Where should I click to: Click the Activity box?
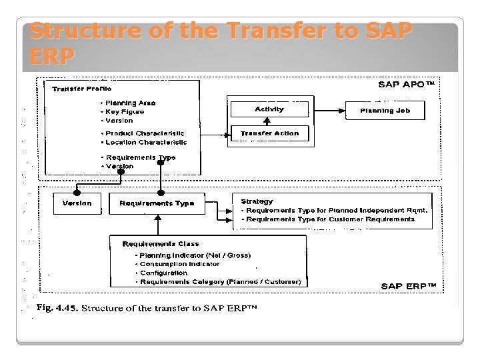[269, 109]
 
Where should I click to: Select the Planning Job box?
[385, 111]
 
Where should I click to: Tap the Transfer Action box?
[269, 133]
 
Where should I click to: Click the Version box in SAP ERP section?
[77, 203]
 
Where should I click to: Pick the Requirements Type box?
[157, 203]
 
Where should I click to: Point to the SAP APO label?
[406, 85]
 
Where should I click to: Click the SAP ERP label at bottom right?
[409, 286]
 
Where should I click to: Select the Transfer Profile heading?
[82, 88]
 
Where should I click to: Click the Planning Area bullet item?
[130, 103]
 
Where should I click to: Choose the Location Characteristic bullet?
[146, 142]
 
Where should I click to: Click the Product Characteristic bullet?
[145, 133]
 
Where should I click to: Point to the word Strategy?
[257, 201]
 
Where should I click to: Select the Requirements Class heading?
[161, 244]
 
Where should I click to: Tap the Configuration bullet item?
[163, 273]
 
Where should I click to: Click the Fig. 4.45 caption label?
[57, 309]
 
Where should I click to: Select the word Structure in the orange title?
[75, 31]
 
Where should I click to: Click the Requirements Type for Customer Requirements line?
[329, 219]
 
